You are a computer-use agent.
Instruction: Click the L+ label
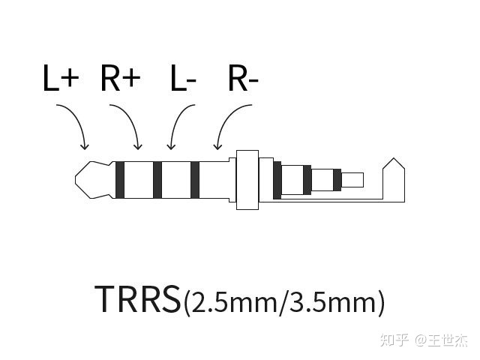(61, 79)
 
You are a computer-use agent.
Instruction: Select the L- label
(184, 79)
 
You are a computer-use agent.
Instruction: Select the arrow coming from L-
(178, 124)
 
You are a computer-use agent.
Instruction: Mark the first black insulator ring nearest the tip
(121, 181)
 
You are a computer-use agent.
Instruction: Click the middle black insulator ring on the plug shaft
(157, 181)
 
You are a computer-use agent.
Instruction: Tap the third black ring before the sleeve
(195, 181)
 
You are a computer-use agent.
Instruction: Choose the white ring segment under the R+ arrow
(139, 181)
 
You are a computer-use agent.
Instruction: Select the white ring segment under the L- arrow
(176, 181)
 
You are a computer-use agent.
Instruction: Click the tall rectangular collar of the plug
(247, 181)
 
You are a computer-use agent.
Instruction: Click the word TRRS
(138, 298)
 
